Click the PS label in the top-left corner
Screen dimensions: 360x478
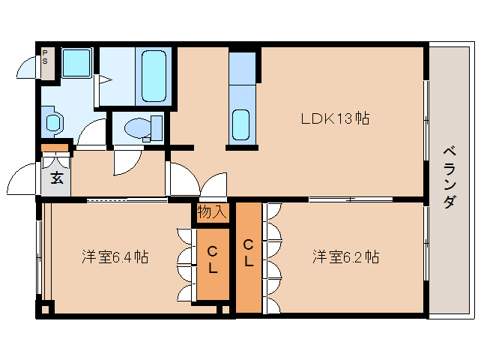(45, 57)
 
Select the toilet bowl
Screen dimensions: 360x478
(138, 128)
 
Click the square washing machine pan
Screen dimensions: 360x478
(76, 64)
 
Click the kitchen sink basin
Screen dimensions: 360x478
(241, 124)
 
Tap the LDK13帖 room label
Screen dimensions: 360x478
(334, 118)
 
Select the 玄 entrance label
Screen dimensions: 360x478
(56, 178)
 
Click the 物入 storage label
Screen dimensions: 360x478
(211, 211)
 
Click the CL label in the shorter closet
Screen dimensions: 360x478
(212, 259)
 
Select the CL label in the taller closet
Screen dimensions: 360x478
(249, 253)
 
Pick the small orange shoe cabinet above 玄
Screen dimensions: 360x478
(55, 148)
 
